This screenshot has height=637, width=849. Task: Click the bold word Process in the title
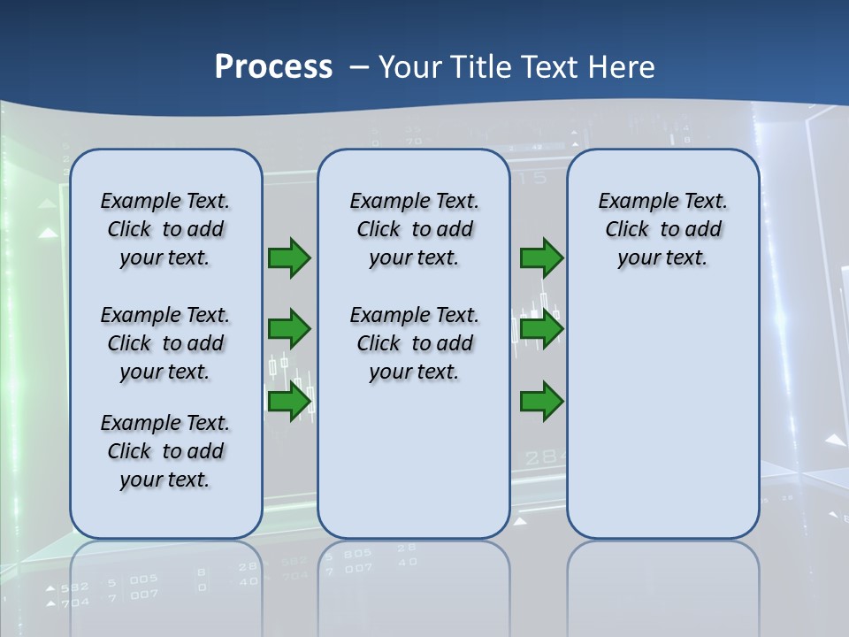pyautogui.click(x=273, y=66)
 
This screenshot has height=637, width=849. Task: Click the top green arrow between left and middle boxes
pyautogui.click(x=289, y=258)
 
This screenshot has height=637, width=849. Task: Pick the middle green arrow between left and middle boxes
pyautogui.click(x=289, y=329)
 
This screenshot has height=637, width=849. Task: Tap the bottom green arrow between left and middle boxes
pyautogui.click(x=289, y=403)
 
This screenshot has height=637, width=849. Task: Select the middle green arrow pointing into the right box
pyautogui.click(x=541, y=329)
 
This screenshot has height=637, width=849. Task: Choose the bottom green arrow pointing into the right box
pyautogui.click(x=541, y=403)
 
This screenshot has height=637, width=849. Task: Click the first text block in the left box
pyautogui.click(x=165, y=229)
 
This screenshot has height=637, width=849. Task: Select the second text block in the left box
pyautogui.click(x=165, y=343)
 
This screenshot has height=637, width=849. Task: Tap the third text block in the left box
pyautogui.click(x=165, y=451)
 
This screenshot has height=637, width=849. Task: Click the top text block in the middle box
pyautogui.click(x=414, y=229)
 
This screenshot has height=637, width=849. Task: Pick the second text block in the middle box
pyautogui.click(x=414, y=343)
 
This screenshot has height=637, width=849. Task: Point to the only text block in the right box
pyautogui.click(x=663, y=229)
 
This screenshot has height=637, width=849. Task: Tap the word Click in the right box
pyautogui.click(x=627, y=230)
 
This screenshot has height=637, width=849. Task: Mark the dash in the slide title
pyautogui.click(x=359, y=66)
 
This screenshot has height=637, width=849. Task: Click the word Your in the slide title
pyautogui.click(x=410, y=66)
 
